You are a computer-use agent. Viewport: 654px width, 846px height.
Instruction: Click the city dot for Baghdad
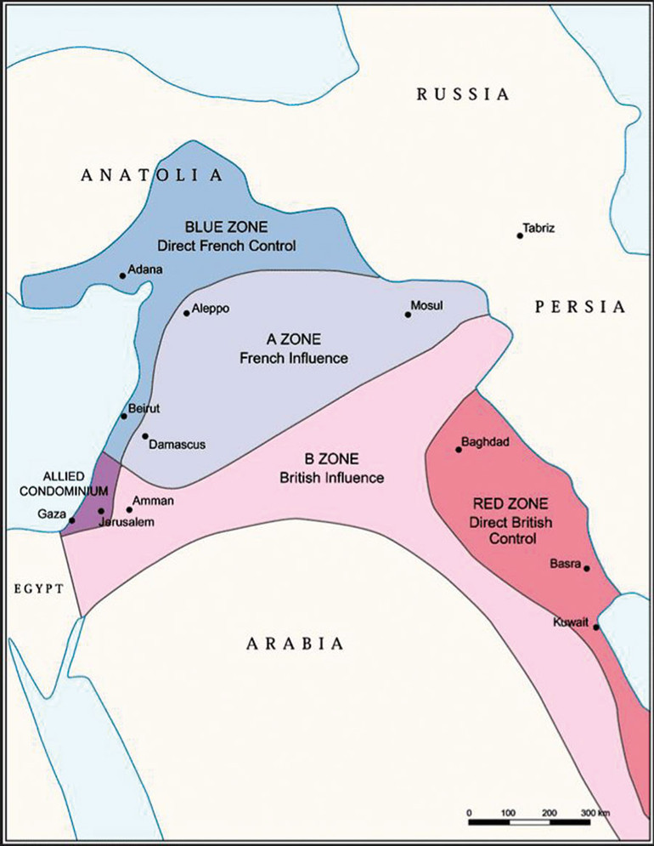[x=459, y=449]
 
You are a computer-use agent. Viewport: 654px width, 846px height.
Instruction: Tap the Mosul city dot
[x=408, y=315]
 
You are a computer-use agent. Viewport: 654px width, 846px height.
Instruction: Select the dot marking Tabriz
[x=520, y=236]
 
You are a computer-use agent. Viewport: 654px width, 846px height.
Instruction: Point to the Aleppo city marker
[x=187, y=313]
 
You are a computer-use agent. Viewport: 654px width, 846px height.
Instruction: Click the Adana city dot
[x=122, y=275]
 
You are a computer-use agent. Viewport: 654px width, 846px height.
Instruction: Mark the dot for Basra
[x=586, y=568]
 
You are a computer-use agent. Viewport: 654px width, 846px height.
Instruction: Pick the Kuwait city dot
[x=596, y=627]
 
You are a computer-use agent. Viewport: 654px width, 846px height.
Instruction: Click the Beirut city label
[x=144, y=410]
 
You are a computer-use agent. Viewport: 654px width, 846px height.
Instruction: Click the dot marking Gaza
[x=72, y=520]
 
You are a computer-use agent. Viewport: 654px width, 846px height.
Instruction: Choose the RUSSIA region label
[x=463, y=94]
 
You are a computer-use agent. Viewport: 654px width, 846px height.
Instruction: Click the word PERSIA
[x=580, y=307]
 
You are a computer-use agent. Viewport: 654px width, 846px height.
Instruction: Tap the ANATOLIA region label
[x=151, y=176]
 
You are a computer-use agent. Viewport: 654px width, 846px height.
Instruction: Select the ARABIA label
[x=296, y=644]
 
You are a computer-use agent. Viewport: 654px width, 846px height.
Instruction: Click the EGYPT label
[x=37, y=588]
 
